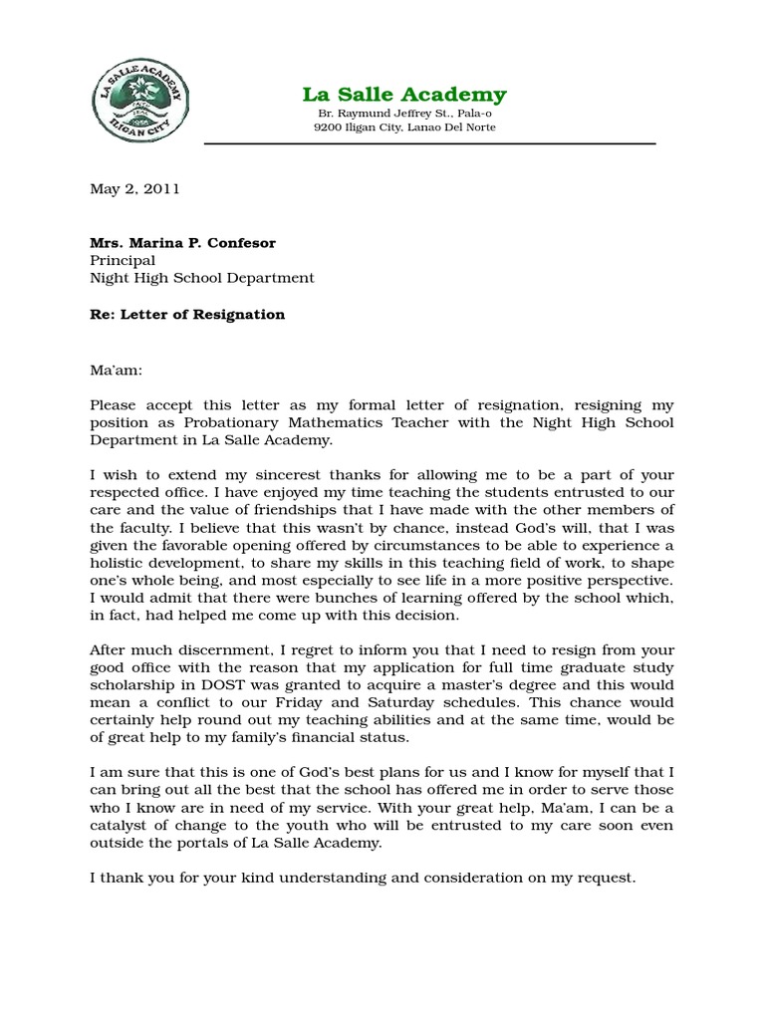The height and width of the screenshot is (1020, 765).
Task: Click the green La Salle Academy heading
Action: (404, 95)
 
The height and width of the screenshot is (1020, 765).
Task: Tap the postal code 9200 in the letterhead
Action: (328, 127)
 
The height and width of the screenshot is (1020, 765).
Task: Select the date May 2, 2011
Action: (134, 187)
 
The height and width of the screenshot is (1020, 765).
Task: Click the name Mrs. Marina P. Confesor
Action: (182, 243)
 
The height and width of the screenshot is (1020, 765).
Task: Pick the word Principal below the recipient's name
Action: (123, 261)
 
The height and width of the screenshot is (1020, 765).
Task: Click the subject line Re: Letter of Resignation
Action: (187, 315)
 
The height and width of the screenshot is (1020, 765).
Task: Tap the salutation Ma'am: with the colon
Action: (117, 371)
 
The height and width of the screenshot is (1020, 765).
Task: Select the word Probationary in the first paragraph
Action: (201, 423)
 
